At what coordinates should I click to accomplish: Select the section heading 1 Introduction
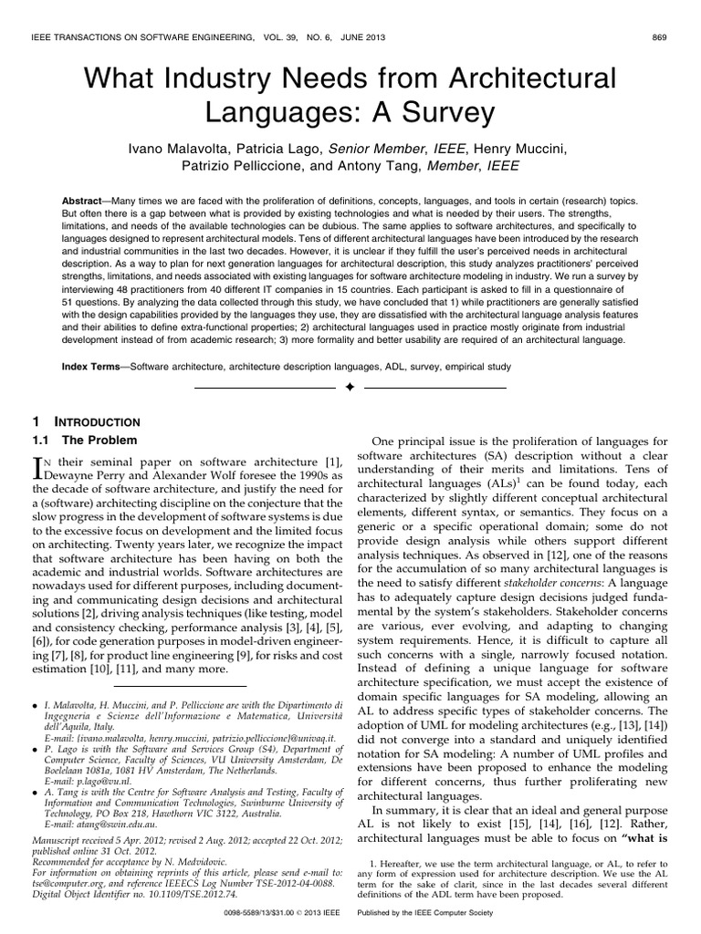[x=87, y=422]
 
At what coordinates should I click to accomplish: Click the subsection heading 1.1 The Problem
[x=84, y=440]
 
